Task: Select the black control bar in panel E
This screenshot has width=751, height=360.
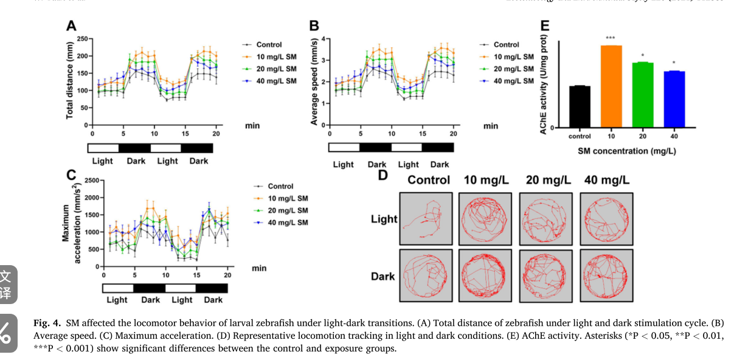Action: [580, 106]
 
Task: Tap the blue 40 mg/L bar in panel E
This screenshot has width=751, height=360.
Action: [674, 99]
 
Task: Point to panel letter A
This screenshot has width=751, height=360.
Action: [71, 26]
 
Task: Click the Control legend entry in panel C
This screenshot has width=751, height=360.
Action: [280, 186]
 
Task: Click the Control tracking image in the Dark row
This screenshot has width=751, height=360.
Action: [426, 275]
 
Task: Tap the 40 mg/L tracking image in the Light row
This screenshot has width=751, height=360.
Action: [606, 219]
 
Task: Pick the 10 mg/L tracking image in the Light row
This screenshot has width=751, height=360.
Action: [485, 219]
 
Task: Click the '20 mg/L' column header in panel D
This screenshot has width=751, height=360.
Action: [548, 180]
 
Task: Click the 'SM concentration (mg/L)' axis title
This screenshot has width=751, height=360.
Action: [626, 150]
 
